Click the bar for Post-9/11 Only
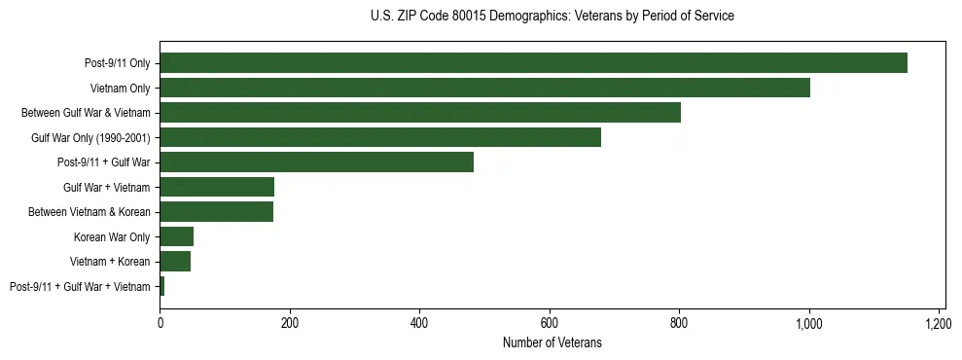pos(533,63)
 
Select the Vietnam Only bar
pos(484,88)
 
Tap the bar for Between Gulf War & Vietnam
pos(420,113)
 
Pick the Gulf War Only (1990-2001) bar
pos(380,137)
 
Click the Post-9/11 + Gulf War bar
pos(316,162)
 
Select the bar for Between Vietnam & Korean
pos(216,212)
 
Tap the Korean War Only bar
pos(176,236)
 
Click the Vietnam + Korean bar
pos(175,262)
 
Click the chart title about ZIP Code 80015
pos(552,17)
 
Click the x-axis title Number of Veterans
pos(552,342)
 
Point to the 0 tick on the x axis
pos(160,322)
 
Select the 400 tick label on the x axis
pos(419,322)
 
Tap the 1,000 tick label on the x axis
pos(808,322)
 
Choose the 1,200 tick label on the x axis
pos(939,322)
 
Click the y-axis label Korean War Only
pos(112,237)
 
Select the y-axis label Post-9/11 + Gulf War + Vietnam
pos(80,287)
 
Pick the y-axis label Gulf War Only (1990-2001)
pos(90,138)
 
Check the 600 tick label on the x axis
pos(550,322)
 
